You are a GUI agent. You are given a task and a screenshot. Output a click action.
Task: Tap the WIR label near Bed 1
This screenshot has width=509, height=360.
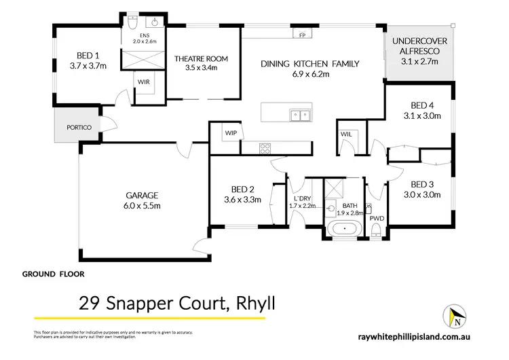[144, 82]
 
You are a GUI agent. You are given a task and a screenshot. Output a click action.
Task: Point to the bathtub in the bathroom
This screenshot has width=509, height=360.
[347, 228]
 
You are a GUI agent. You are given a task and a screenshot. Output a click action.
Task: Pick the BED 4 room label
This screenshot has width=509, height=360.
[421, 105]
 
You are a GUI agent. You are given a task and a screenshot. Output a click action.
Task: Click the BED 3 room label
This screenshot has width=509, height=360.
[421, 184]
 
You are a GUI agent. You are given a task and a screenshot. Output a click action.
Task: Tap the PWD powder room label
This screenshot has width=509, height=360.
[377, 218]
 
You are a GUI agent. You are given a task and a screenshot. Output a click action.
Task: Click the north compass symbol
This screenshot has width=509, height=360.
[456, 316]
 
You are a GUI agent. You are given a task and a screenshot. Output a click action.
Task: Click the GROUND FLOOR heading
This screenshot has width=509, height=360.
[54, 274]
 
